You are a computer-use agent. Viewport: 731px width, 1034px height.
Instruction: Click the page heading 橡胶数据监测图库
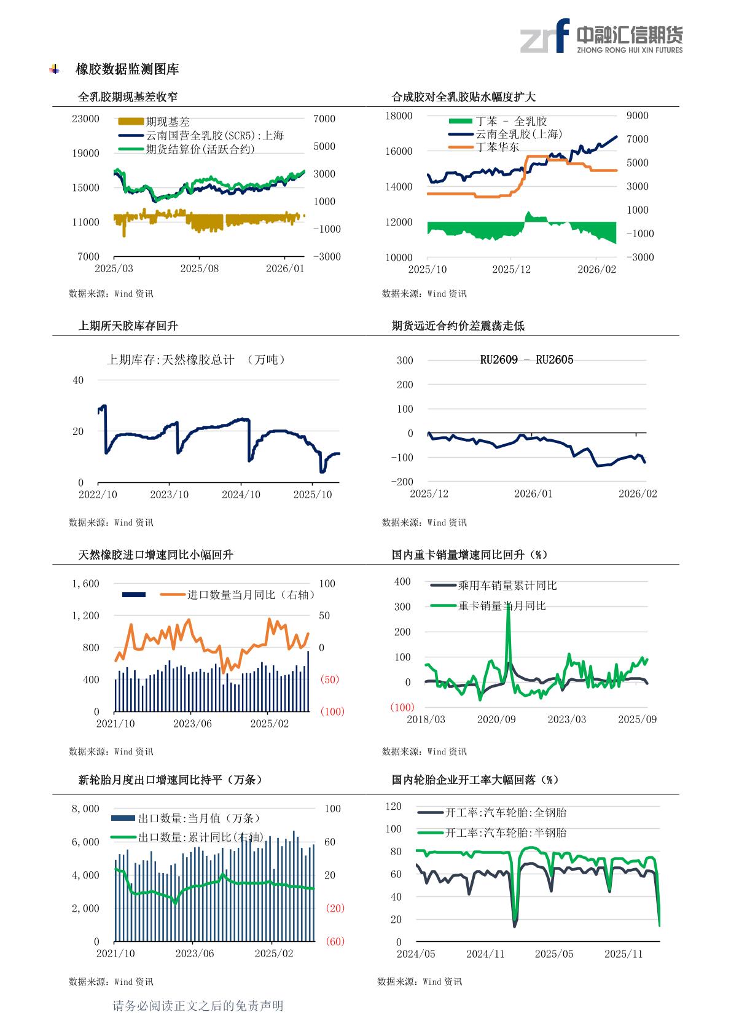(127, 69)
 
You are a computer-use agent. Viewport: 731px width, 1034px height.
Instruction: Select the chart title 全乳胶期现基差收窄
(128, 97)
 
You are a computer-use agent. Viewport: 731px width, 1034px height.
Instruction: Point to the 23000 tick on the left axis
(85, 119)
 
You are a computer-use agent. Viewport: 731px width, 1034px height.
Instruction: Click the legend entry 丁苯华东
(497, 147)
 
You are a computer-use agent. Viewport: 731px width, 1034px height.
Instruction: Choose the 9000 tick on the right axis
(638, 116)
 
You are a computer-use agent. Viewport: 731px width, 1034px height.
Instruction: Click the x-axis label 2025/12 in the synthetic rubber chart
(511, 270)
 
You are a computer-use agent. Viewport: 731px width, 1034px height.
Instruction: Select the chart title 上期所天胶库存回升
(128, 326)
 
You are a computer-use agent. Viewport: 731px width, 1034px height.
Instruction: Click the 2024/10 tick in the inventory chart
(241, 495)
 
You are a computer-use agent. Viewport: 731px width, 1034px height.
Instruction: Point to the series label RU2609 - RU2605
(526, 359)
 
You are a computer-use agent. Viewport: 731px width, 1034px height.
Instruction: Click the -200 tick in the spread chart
(402, 482)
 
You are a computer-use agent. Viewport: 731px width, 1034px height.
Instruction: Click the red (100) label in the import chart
(332, 711)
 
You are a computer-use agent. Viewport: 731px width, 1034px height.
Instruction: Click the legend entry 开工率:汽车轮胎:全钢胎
(506, 812)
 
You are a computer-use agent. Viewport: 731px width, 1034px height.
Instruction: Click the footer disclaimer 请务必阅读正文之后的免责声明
(198, 1006)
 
